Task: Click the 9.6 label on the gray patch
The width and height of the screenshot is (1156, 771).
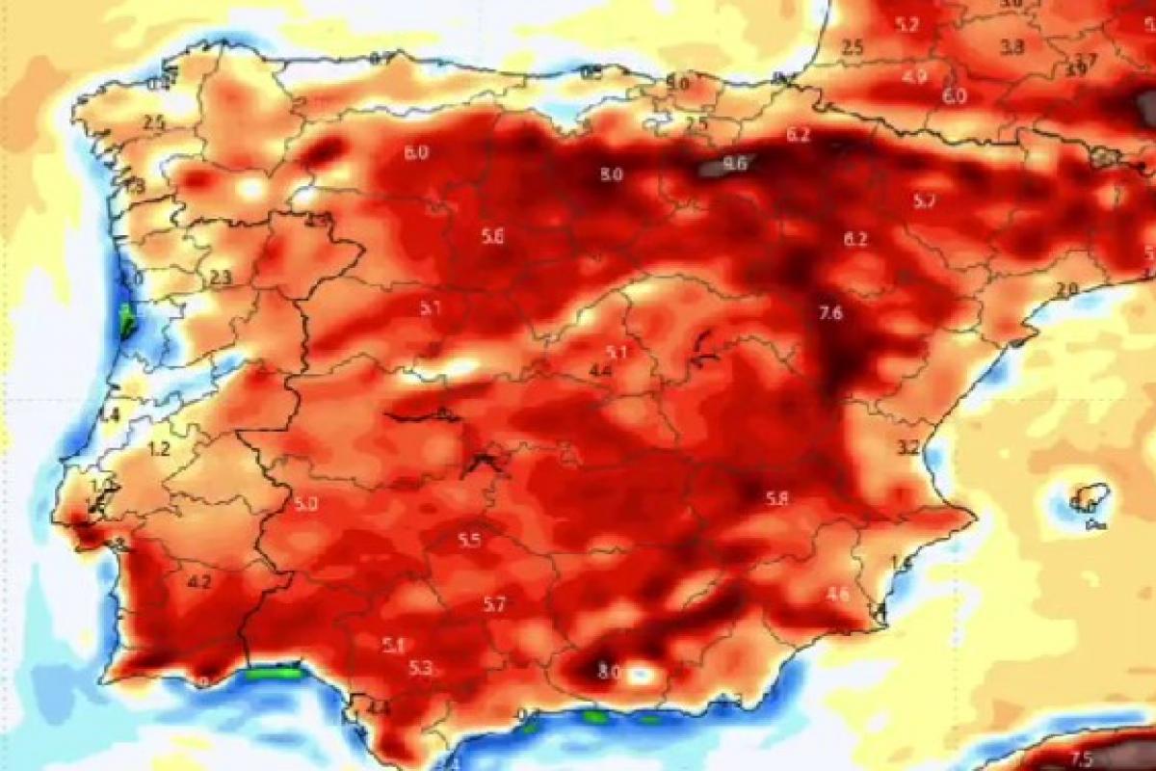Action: click(x=735, y=164)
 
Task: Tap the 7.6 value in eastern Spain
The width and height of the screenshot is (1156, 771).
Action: click(x=830, y=313)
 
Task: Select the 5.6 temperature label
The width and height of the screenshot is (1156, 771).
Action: click(x=492, y=238)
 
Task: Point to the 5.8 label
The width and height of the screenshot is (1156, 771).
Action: click(x=776, y=498)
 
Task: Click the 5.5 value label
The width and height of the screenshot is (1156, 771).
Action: click(x=469, y=541)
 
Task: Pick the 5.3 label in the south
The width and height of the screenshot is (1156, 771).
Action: click(x=420, y=668)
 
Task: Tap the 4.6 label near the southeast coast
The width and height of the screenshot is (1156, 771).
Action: click(x=838, y=595)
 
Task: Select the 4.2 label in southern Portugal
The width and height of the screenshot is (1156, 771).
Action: click(x=200, y=582)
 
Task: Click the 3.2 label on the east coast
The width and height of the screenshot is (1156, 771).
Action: click(x=907, y=448)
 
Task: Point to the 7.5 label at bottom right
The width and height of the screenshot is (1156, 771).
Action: click(x=1082, y=758)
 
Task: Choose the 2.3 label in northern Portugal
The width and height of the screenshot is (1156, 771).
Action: click(x=221, y=279)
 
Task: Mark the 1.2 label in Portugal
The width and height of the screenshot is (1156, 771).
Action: click(x=159, y=448)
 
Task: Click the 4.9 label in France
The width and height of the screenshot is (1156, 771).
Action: click(x=914, y=77)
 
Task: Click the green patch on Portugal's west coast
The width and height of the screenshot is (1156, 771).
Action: click(x=126, y=320)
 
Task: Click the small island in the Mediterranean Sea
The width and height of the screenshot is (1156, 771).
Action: click(x=1090, y=500)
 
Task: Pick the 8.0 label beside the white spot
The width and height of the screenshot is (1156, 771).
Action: click(x=609, y=672)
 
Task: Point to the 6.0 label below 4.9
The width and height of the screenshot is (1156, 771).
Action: click(x=954, y=96)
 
